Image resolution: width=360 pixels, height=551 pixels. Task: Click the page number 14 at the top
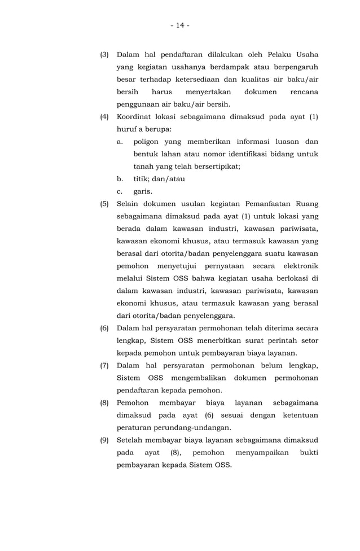click(179, 25)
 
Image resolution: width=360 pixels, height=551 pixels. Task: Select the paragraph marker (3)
click(104, 55)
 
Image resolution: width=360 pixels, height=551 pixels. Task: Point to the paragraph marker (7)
click(104, 365)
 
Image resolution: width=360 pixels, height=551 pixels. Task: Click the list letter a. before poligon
click(120, 142)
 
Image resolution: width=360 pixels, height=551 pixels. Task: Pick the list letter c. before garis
click(120, 191)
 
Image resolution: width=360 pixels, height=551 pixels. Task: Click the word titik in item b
click(142, 179)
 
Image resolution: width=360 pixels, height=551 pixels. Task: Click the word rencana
click(304, 92)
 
